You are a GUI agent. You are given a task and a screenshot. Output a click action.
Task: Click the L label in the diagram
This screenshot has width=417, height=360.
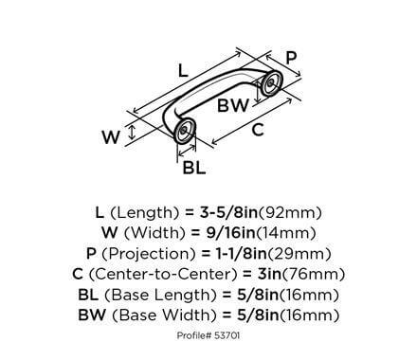[x=182, y=69]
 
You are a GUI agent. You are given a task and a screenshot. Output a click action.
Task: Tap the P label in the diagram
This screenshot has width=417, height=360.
[x=292, y=59]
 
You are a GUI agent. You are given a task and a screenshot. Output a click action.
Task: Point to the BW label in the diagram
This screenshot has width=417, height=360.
[x=233, y=106]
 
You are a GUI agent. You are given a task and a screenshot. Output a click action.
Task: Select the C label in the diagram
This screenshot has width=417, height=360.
[x=258, y=132]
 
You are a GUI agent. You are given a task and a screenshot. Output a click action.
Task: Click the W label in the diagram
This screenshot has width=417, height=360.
[x=111, y=137]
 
